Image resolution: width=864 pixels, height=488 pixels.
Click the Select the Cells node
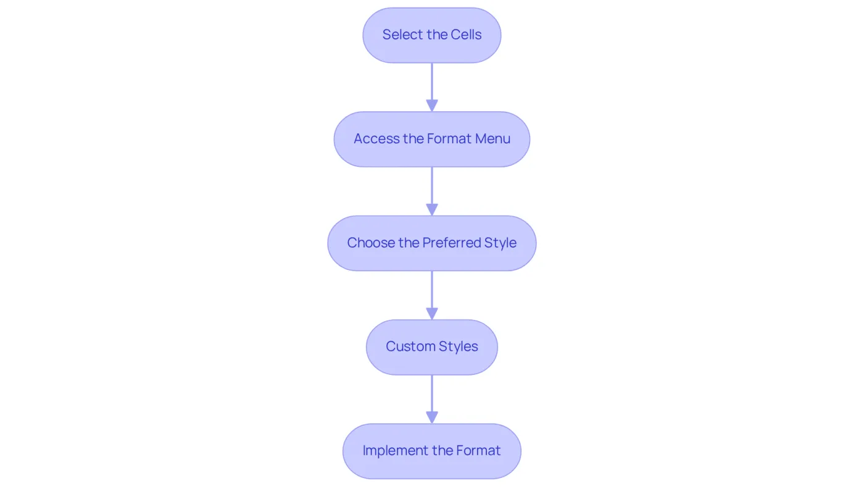coord(431,35)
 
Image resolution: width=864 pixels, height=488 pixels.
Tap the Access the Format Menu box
coord(431,139)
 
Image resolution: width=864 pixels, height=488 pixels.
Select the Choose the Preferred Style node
coord(431,243)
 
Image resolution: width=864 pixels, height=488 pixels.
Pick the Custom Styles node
coord(431,347)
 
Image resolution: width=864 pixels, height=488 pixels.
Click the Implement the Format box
coord(431,451)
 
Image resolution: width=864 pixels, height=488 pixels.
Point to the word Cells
coord(466,35)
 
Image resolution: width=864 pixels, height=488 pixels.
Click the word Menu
coord(492,138)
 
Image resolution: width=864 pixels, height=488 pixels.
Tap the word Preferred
coord(452,242)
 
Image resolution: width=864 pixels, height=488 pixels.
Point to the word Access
coord(376,138)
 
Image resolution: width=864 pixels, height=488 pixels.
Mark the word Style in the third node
coord(501,243)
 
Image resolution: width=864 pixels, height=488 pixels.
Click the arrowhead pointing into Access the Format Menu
coord(431,106)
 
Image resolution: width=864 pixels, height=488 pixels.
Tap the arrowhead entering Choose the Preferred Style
coord(431,209)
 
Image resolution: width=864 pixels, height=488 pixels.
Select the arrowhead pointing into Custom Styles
coord(431,314)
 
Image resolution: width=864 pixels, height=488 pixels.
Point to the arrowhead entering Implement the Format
coord(431,418)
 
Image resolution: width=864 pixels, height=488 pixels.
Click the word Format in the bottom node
coord(478,450)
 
